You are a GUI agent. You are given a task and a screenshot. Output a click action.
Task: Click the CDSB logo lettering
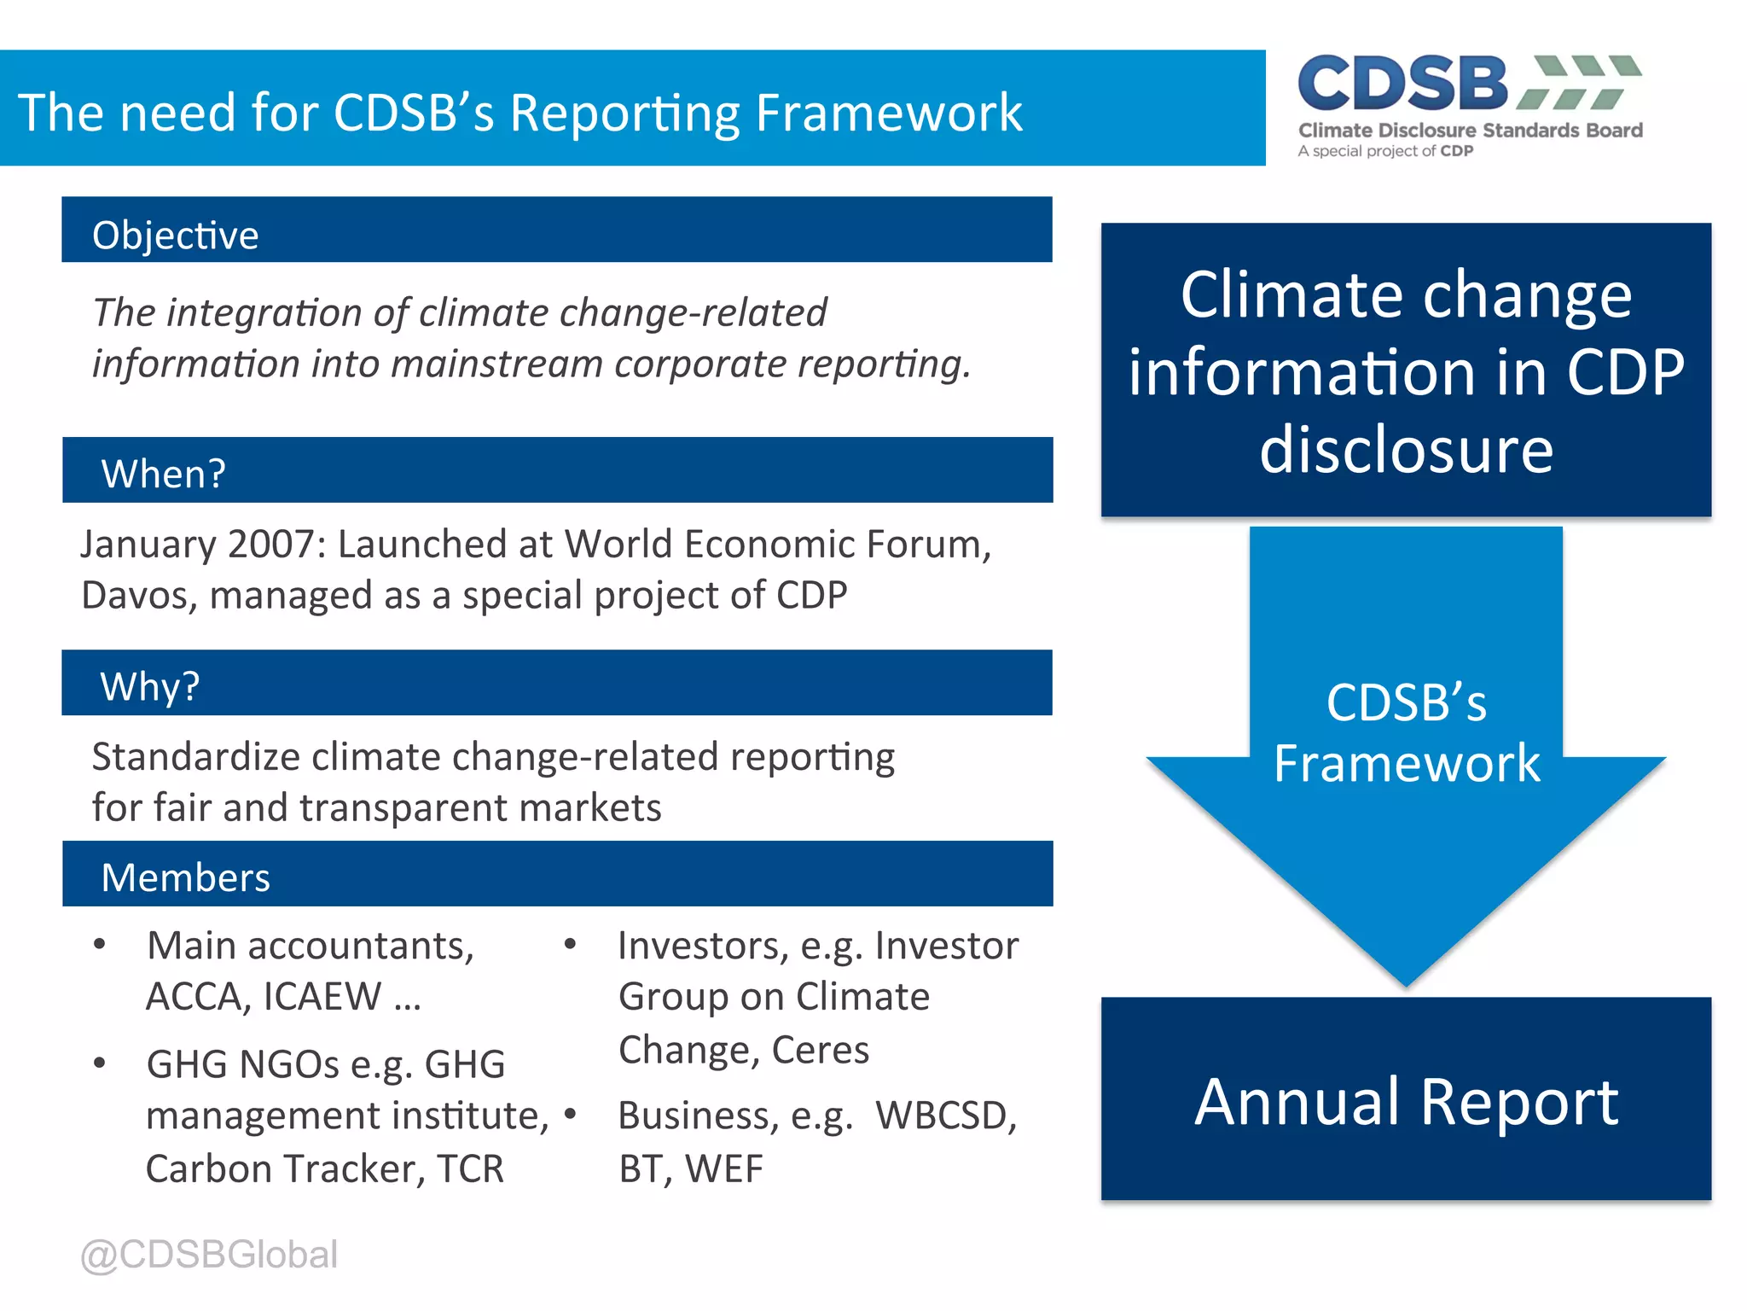[1403, 84]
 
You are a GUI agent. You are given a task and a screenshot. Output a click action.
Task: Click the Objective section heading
[175, 235]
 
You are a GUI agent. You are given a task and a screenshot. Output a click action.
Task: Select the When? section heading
[163, 473]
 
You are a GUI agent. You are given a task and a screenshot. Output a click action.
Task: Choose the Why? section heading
[149, 685]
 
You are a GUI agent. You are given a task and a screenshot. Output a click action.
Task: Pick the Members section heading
[185, 877]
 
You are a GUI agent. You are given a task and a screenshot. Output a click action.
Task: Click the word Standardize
[195, 757]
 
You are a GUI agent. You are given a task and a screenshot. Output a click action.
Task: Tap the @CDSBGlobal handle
[209, 1254]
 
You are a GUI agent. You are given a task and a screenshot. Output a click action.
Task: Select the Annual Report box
[1406, 1099]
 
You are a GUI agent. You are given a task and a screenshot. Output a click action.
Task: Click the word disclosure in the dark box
[1406, 450]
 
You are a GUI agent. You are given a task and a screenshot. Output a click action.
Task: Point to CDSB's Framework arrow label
[1406, 732]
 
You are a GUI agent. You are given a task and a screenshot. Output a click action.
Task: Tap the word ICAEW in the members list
[322, 997]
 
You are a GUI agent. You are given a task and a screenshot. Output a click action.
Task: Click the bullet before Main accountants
[100, 944]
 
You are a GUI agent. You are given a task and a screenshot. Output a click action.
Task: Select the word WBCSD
[946, 1116]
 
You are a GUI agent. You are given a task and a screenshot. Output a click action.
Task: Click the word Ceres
[820, 1050]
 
